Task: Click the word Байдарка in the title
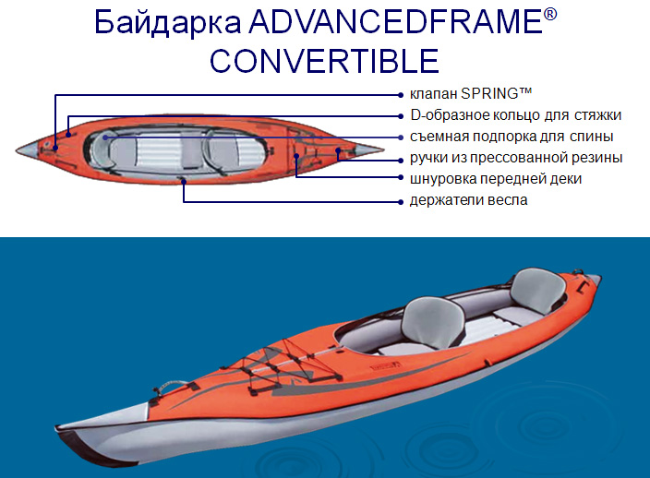pos(168,22)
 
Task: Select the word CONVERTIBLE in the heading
pos(324,61)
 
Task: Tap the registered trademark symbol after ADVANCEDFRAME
pos(549,15)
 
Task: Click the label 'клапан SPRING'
pos(471,93)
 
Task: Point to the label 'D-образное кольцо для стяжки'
pos(516,115)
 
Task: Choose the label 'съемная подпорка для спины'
pos(512,137)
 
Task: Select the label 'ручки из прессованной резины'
pos(516,158)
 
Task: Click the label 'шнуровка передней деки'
pos(496,179)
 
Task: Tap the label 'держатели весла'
pos(468,200)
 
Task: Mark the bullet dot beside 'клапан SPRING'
pos(401,95)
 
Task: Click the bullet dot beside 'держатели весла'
pos(401,202)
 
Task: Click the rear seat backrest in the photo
pos(537,290)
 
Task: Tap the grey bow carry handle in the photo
pos(170,386)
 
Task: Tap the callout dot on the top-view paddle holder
pos(184,181)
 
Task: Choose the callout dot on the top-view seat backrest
pos(106,137)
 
